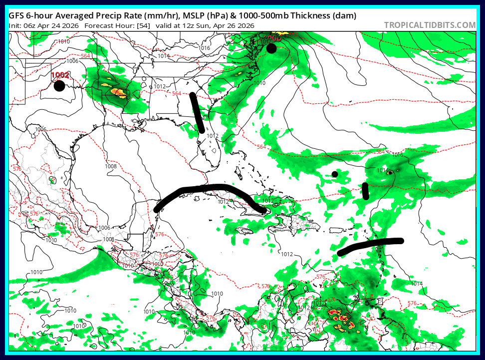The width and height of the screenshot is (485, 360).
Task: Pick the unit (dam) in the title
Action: tap(344, 16)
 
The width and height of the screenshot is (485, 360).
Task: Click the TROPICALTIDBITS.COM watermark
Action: tap(430, 25)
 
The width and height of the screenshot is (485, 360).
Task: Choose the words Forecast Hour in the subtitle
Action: tap(109, 25)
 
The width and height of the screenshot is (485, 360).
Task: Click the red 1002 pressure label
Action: tap(60, 75)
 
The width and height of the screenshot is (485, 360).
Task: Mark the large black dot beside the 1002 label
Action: tap(59, 86)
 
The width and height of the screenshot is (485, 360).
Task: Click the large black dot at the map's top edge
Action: tap(271, 48)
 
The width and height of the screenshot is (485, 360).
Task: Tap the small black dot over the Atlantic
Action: tap(335, 174)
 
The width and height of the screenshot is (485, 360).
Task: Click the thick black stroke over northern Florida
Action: tap(197, 113)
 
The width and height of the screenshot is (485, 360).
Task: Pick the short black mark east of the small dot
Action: tap(365, 191)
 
